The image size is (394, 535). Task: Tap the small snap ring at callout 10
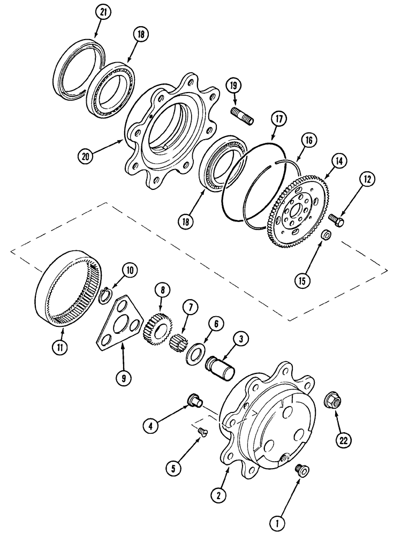click(106, 292)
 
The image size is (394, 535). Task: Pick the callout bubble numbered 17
click(277, 121)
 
